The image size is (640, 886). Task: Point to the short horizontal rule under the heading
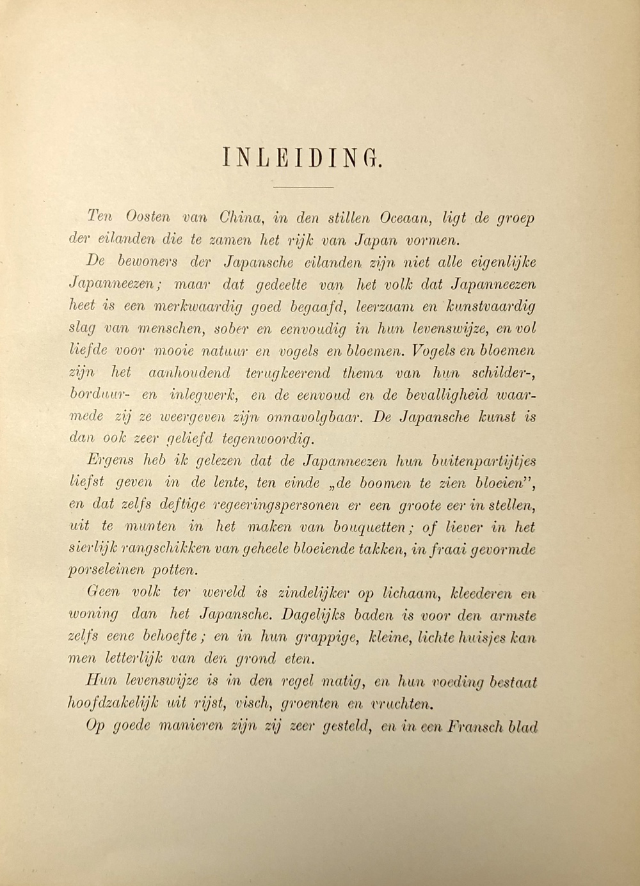point(303,187)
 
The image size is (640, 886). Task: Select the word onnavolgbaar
point(310,418)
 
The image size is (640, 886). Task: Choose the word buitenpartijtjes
point(484,461)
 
